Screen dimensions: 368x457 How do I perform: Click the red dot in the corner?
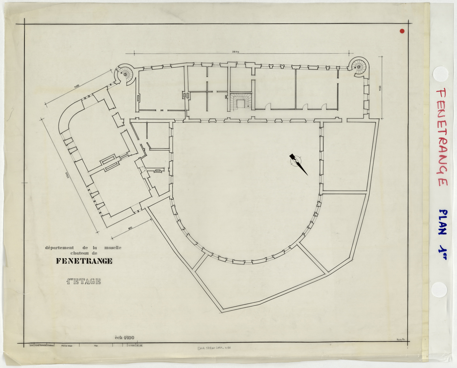click(402, 31)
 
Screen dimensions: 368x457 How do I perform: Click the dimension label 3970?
click(235, 52)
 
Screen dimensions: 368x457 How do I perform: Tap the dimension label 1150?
click(380, 88)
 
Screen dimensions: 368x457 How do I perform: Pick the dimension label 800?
click(130, 228)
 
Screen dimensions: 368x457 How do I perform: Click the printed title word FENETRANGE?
click(84, 261)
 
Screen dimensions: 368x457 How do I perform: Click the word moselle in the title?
click(113, 248)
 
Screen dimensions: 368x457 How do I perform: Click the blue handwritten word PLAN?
click(442, 222)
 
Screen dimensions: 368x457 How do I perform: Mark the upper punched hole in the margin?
click(440, 74)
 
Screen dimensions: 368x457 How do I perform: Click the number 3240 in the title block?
click(31, 345)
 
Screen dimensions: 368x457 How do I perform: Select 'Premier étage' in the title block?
click(67, 345)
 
